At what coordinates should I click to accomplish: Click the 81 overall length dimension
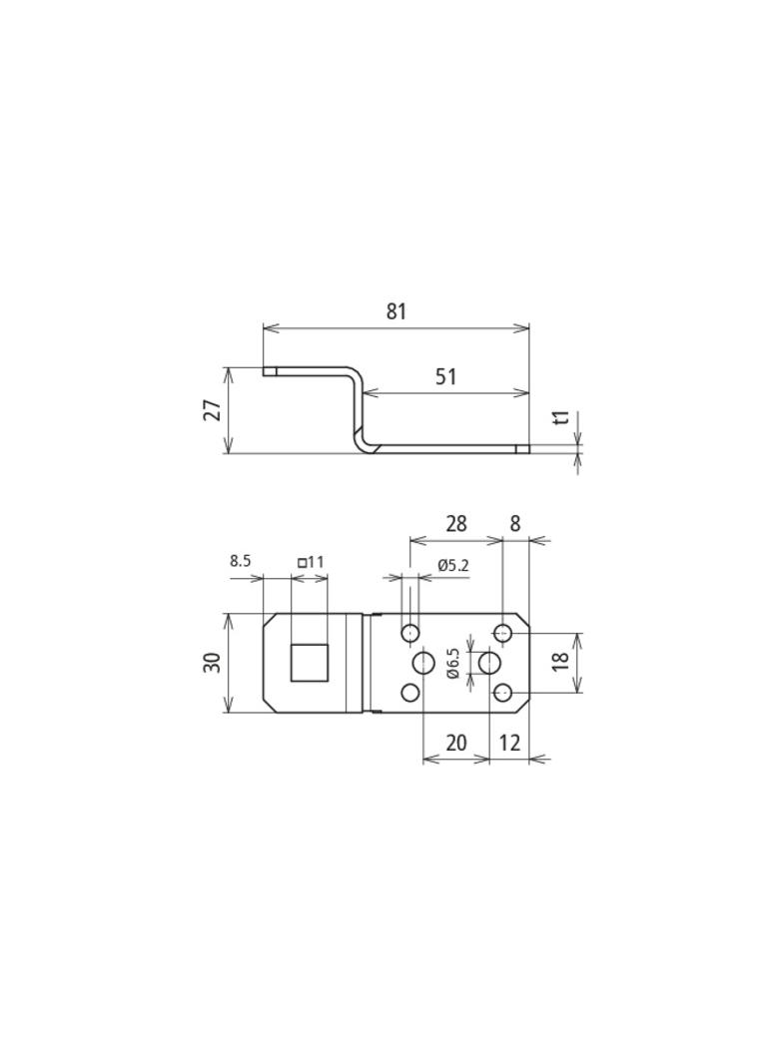coord(395,311)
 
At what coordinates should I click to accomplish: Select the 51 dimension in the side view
coord(445,376)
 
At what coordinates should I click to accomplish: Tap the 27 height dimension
coord(213,410)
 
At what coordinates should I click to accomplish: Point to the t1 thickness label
coord(560,418)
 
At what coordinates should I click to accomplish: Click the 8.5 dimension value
coord(241,561)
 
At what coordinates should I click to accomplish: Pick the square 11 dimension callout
coord(311,562)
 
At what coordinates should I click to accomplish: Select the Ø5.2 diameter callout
coord(453,565)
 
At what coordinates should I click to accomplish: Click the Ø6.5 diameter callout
coord(453,663)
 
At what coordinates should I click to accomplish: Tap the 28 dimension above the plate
coord(456,523)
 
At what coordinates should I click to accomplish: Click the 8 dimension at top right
coord(514,523)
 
